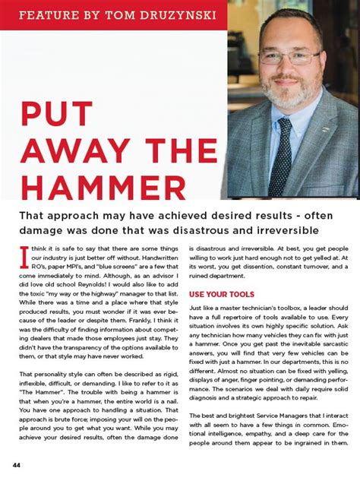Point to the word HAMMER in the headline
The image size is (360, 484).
[x=103, y=186]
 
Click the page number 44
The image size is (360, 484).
[x=16, y=463]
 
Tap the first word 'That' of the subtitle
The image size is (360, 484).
[x=33, y=215]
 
